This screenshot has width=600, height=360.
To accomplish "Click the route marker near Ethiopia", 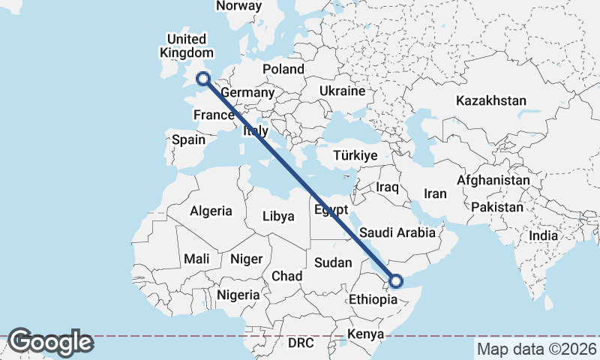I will pyautogui.click(x=396, y=281).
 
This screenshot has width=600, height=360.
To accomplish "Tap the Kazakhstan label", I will pyautogui.click(x=491, y=100).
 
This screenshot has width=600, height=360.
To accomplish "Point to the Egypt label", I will pyautogui.click(x=331, y=209).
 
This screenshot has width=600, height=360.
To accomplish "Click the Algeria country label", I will pyautogui.click(x=211, y=211).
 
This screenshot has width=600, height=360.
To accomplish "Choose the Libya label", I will pyautogui.click(x=278, y=217).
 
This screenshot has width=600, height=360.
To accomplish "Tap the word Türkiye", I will pyautogui.click(x=355, y=156).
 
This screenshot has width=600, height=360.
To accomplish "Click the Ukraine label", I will pyautogui.click(x=342, y=91).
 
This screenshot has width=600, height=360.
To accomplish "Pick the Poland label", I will pyautogui.click(x=283, y=69).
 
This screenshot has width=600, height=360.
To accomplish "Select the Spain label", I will pyautogui.click(x=188, y=139).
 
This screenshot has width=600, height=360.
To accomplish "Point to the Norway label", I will pyautogui.click(x=238, y=6).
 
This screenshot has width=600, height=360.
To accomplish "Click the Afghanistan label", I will pyautogui.click(x=493, y=181).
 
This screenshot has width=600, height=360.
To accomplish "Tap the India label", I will pyautogui.click(x=543, y=235).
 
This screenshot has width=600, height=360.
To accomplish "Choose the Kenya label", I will pyautogui.click(x=366, y=334).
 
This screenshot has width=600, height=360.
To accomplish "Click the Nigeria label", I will pyautogui.click(x=238, y=295).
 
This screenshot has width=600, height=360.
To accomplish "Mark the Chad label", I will pyautogui.click(x=286, y=276).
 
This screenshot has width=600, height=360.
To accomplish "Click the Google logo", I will pyautogui.click(x=50, y=343).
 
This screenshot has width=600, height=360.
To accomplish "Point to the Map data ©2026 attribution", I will pyautogui.click(x=537, y=349).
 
